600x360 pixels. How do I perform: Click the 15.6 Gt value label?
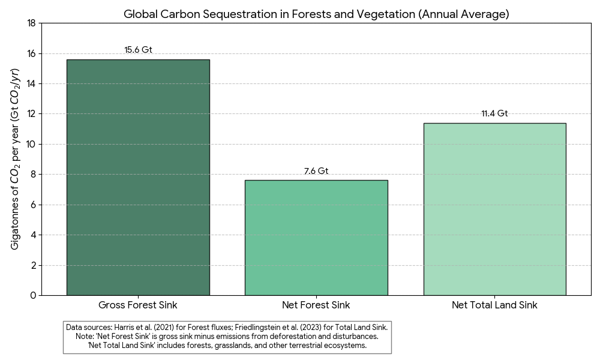click(x=138, y=50)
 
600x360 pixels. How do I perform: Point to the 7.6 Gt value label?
click(x=316, y=171)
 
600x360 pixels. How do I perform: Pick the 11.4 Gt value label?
click(x=494, y=113)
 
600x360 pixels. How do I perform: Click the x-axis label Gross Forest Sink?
click(x=138, y=305)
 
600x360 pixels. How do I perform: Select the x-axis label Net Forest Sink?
click(x=316, y=305)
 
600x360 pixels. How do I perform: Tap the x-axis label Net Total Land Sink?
click(x=494, y=305)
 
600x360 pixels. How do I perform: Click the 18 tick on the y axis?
click(x=31, y=23)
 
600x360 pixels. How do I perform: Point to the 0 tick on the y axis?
click(x=34, y=295)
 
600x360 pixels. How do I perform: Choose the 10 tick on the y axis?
click(x=31, y=144)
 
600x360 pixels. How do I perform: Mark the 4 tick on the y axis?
click(x=34, y=235)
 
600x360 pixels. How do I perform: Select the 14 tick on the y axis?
click(x=31, y=83)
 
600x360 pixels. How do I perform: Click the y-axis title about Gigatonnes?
click(x=16, y=159)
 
